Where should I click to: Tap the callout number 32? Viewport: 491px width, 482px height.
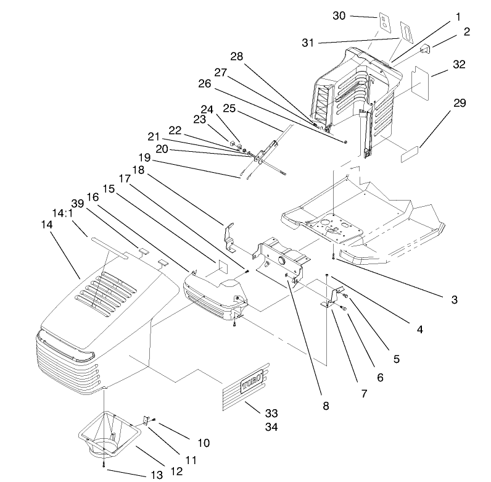coord(459,64)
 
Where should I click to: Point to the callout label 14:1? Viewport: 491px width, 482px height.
coord(64,213)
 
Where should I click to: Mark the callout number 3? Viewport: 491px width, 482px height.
coord(453,301)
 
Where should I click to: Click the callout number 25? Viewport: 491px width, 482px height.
coord(229,109)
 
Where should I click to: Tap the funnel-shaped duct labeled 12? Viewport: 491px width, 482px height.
coord(109,436)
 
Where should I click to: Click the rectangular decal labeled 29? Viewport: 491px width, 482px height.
coord(410,154)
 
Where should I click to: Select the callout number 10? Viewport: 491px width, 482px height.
coord(203,443)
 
